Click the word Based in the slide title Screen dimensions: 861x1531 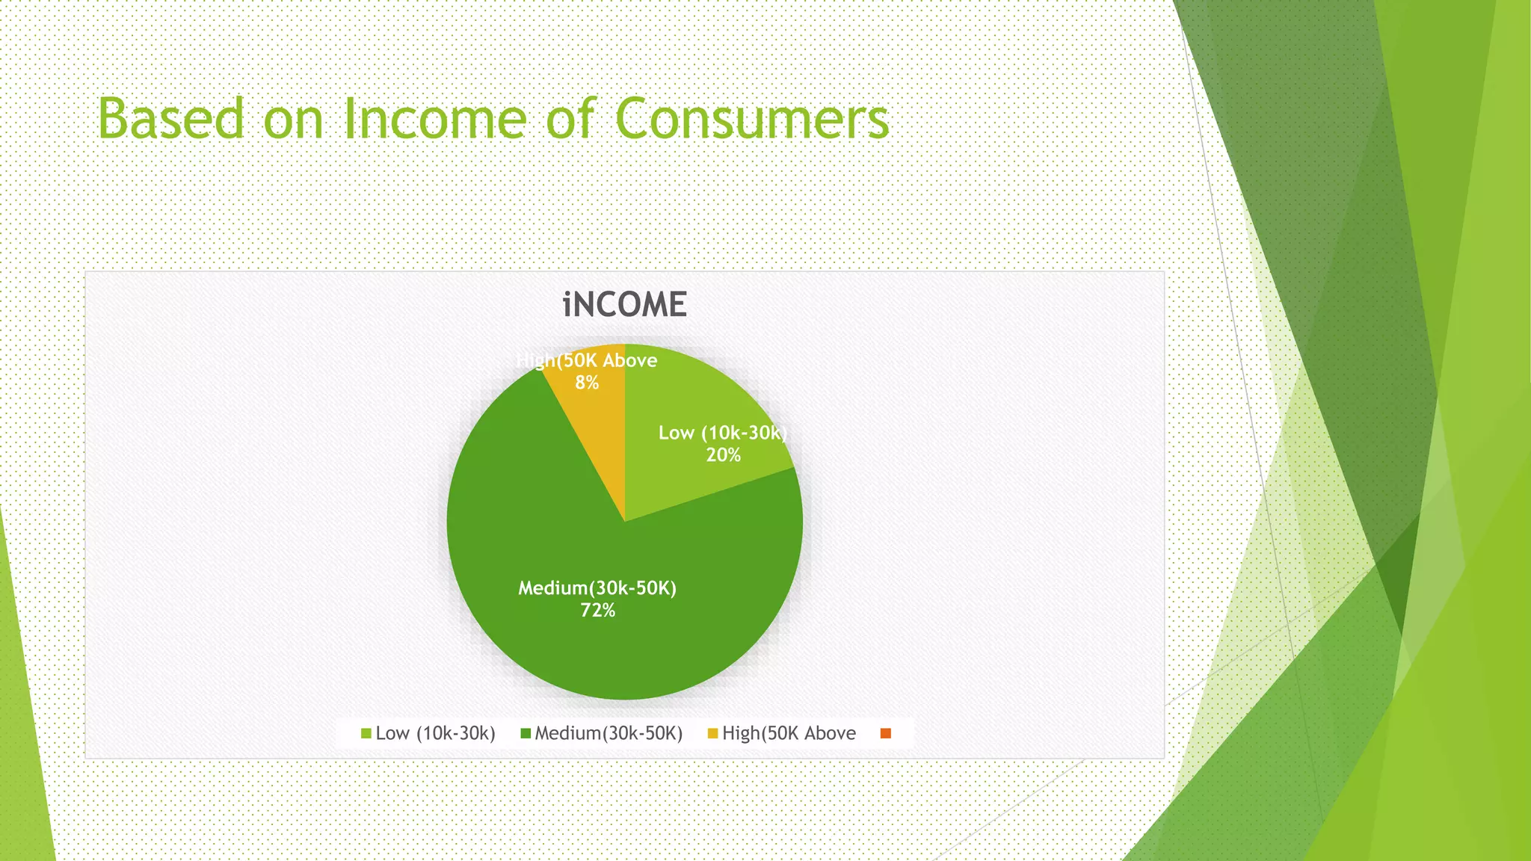point(171,119)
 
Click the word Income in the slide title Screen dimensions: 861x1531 point(434,119)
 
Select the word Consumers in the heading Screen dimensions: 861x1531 point(752,119)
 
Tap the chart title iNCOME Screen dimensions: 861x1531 point(624,305)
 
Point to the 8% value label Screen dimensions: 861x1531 point(587,383)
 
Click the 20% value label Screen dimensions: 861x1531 point(723,455)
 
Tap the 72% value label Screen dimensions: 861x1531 point(597,611)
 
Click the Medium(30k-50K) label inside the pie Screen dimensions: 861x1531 point(597,588)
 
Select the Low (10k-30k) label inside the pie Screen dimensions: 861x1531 point(722,433)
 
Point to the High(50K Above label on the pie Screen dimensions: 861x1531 point(587,360)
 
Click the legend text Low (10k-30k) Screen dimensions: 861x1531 point(435,733)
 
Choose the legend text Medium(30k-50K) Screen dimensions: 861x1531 point(609,733)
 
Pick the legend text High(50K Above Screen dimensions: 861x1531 point(789,733)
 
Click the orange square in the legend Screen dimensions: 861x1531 point(886,733)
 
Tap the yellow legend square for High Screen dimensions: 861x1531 point(712,733)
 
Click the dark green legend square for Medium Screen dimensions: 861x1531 point(526,733)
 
